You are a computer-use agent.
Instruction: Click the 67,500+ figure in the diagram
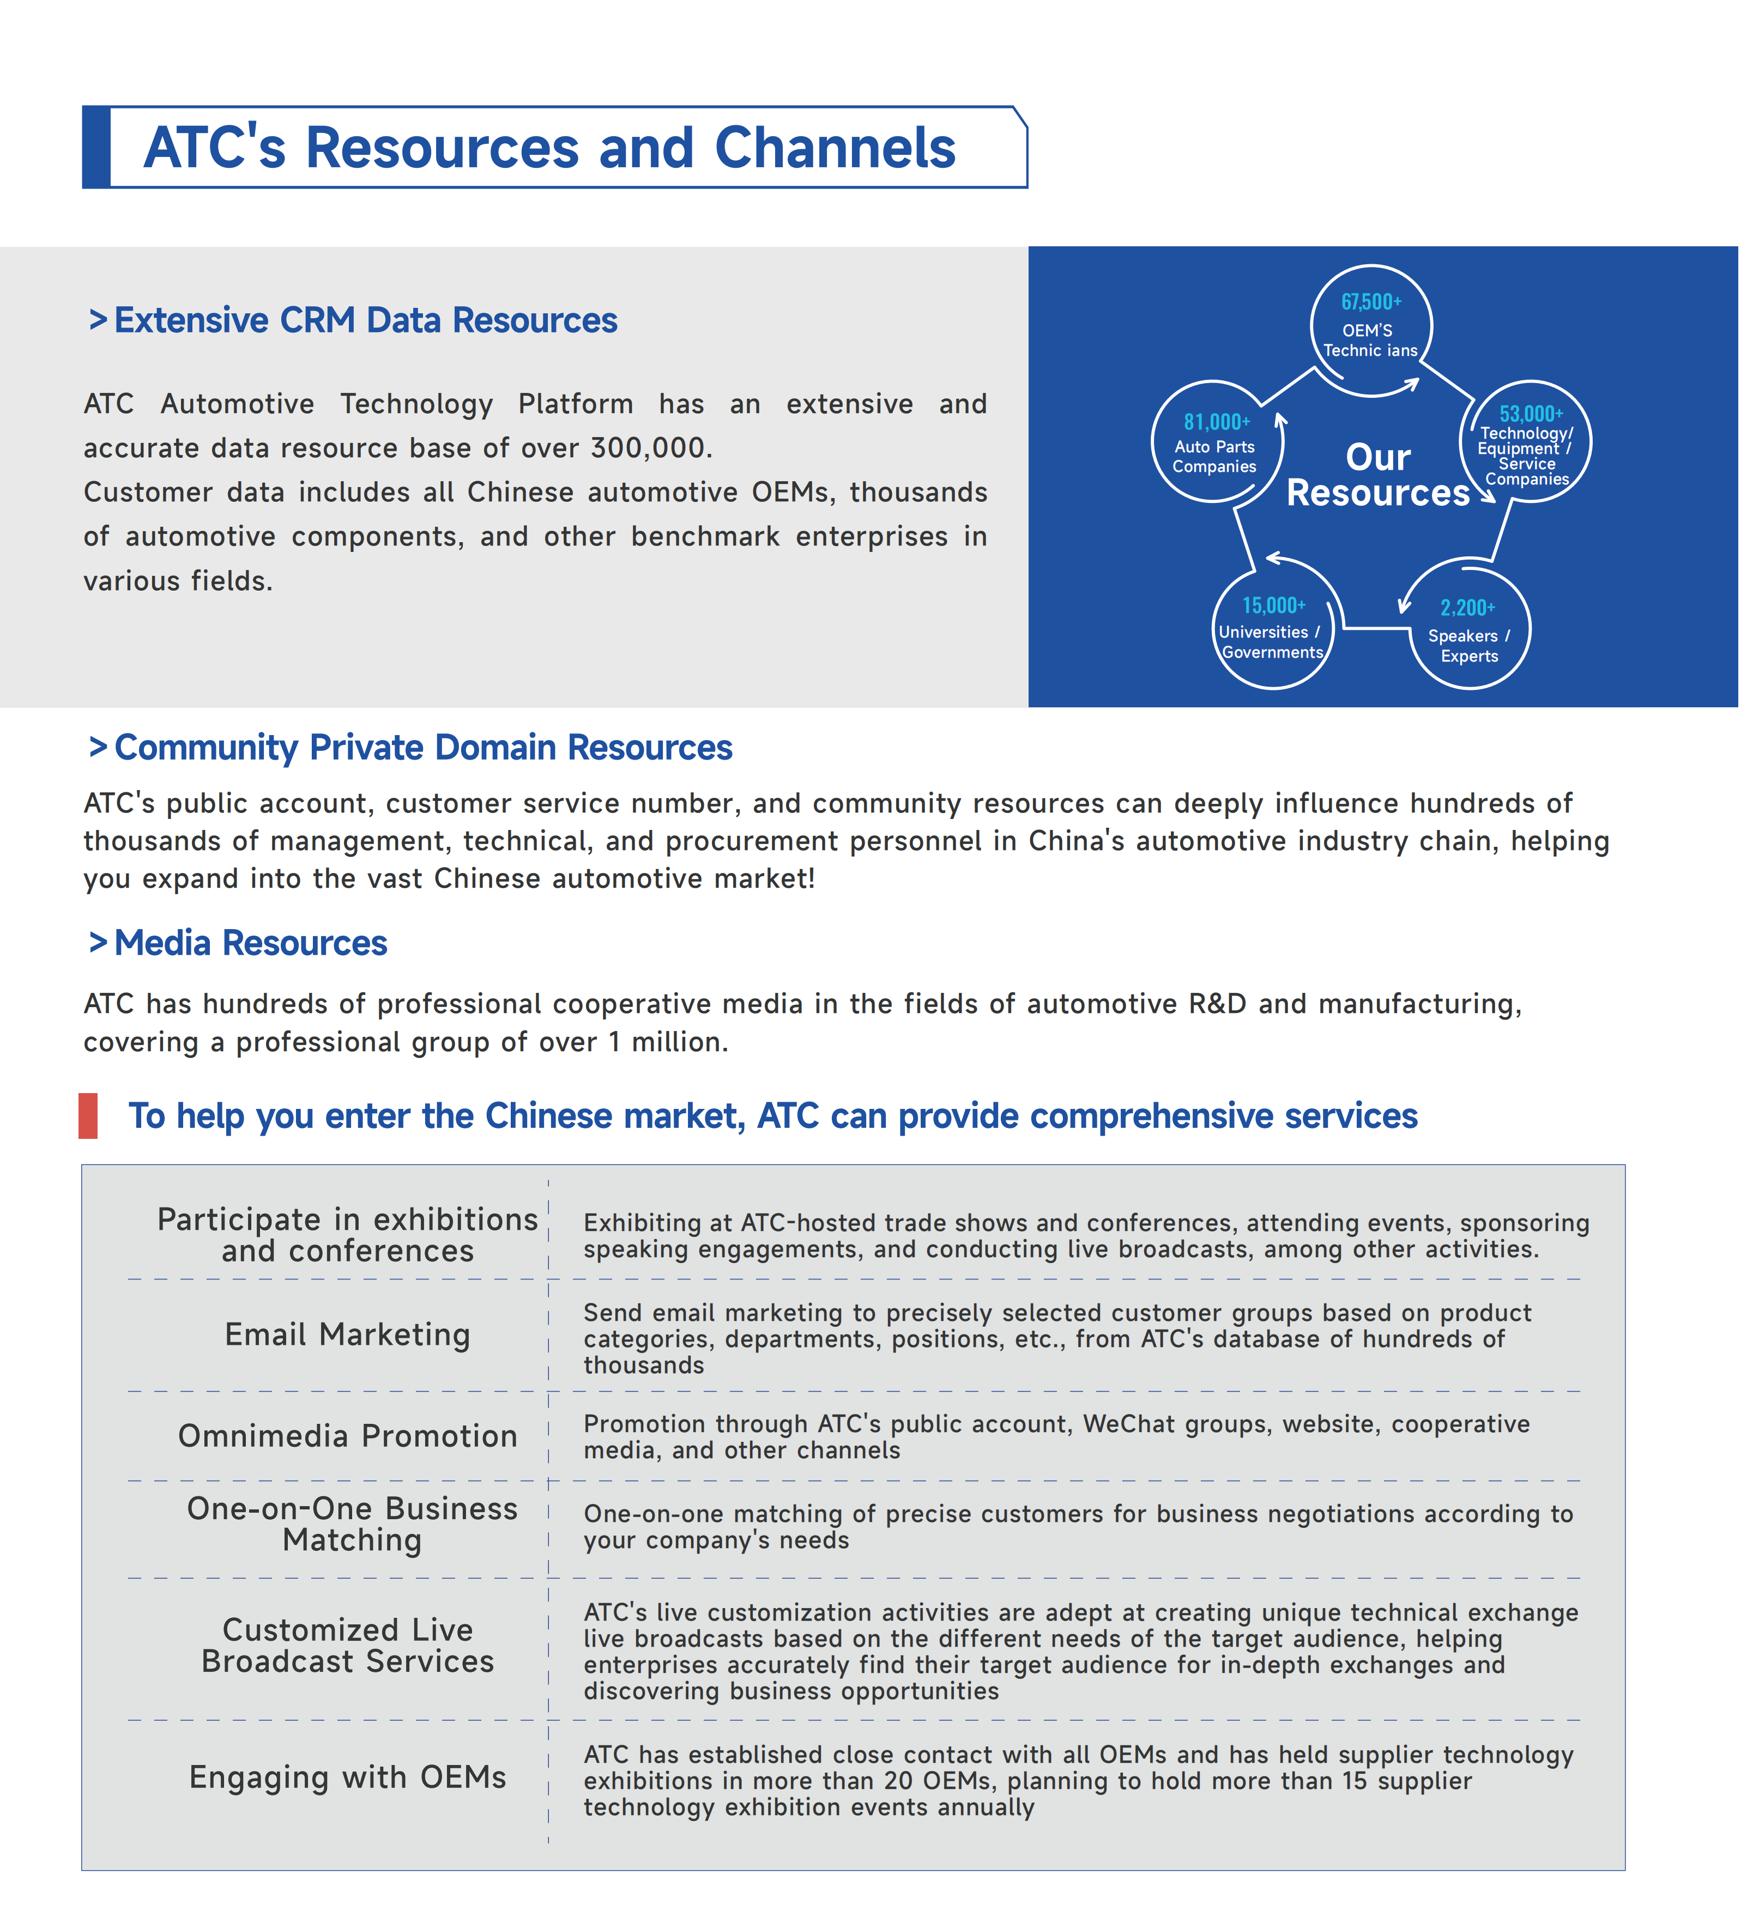coord(1371,302)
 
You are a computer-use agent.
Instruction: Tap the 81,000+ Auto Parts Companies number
coord(1216,422)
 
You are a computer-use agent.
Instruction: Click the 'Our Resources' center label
coord(1377,475)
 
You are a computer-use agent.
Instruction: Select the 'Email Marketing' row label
coord(347,1334)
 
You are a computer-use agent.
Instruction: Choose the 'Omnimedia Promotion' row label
coord(347,1435)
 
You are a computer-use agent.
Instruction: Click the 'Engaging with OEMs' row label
coord(347,1777)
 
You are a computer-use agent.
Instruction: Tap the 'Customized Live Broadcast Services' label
coord(347,1646)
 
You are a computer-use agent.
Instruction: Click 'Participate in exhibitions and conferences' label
coord(347,1234)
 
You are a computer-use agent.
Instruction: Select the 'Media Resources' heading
coord(250,943)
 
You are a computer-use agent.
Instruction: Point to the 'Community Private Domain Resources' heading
coord(422,748)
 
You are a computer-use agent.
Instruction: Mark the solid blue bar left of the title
coord(96,148)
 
